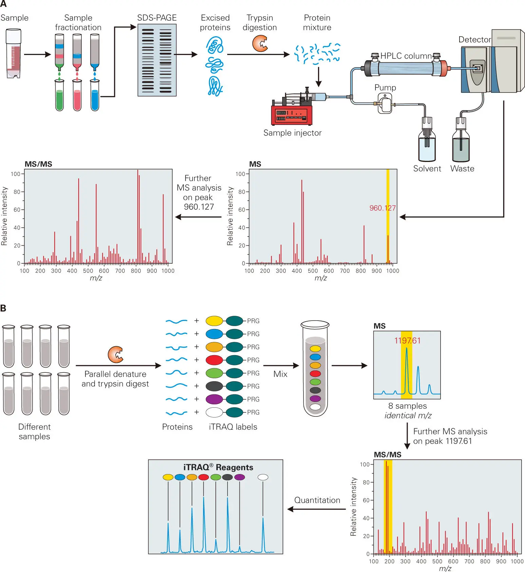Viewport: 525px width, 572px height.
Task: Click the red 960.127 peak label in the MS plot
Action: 382,208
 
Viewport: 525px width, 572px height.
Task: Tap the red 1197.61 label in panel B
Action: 407,341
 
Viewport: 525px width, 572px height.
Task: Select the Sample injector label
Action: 292,133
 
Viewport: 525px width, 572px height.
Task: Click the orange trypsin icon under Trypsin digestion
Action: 260,44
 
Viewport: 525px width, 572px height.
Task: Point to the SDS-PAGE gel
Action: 157,60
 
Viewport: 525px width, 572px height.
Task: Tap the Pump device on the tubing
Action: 385,104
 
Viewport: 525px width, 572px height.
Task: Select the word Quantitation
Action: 317,500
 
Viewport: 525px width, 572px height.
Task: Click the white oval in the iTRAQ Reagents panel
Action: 263,477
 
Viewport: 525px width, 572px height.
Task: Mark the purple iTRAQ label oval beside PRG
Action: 214,399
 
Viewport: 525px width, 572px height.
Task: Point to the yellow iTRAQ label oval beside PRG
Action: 214,321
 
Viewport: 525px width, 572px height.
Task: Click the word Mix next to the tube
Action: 280,374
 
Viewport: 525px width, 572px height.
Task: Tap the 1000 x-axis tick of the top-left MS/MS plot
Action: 168,271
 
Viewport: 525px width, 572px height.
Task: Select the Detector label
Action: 474,40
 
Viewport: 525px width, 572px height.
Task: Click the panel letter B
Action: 3,308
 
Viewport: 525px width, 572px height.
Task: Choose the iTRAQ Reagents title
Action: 218,467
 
